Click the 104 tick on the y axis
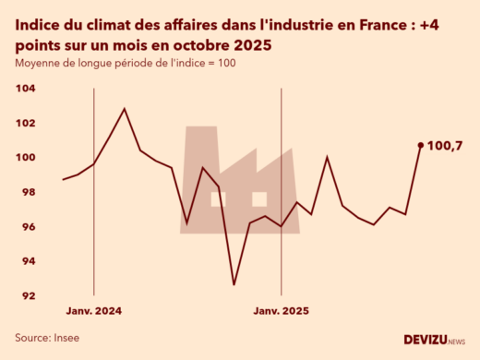[x=26, y=89]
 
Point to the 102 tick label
[x=26, y=123]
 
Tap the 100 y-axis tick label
[x=26, y=158]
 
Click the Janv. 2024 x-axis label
[x=94, y=311]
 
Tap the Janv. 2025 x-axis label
[x=282, y=311]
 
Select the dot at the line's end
[x=421, y=145]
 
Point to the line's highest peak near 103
[x=125, y=109]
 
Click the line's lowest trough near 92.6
[x=234, y=284]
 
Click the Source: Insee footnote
[x=47, y=338]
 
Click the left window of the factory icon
[x=217, y=198]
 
